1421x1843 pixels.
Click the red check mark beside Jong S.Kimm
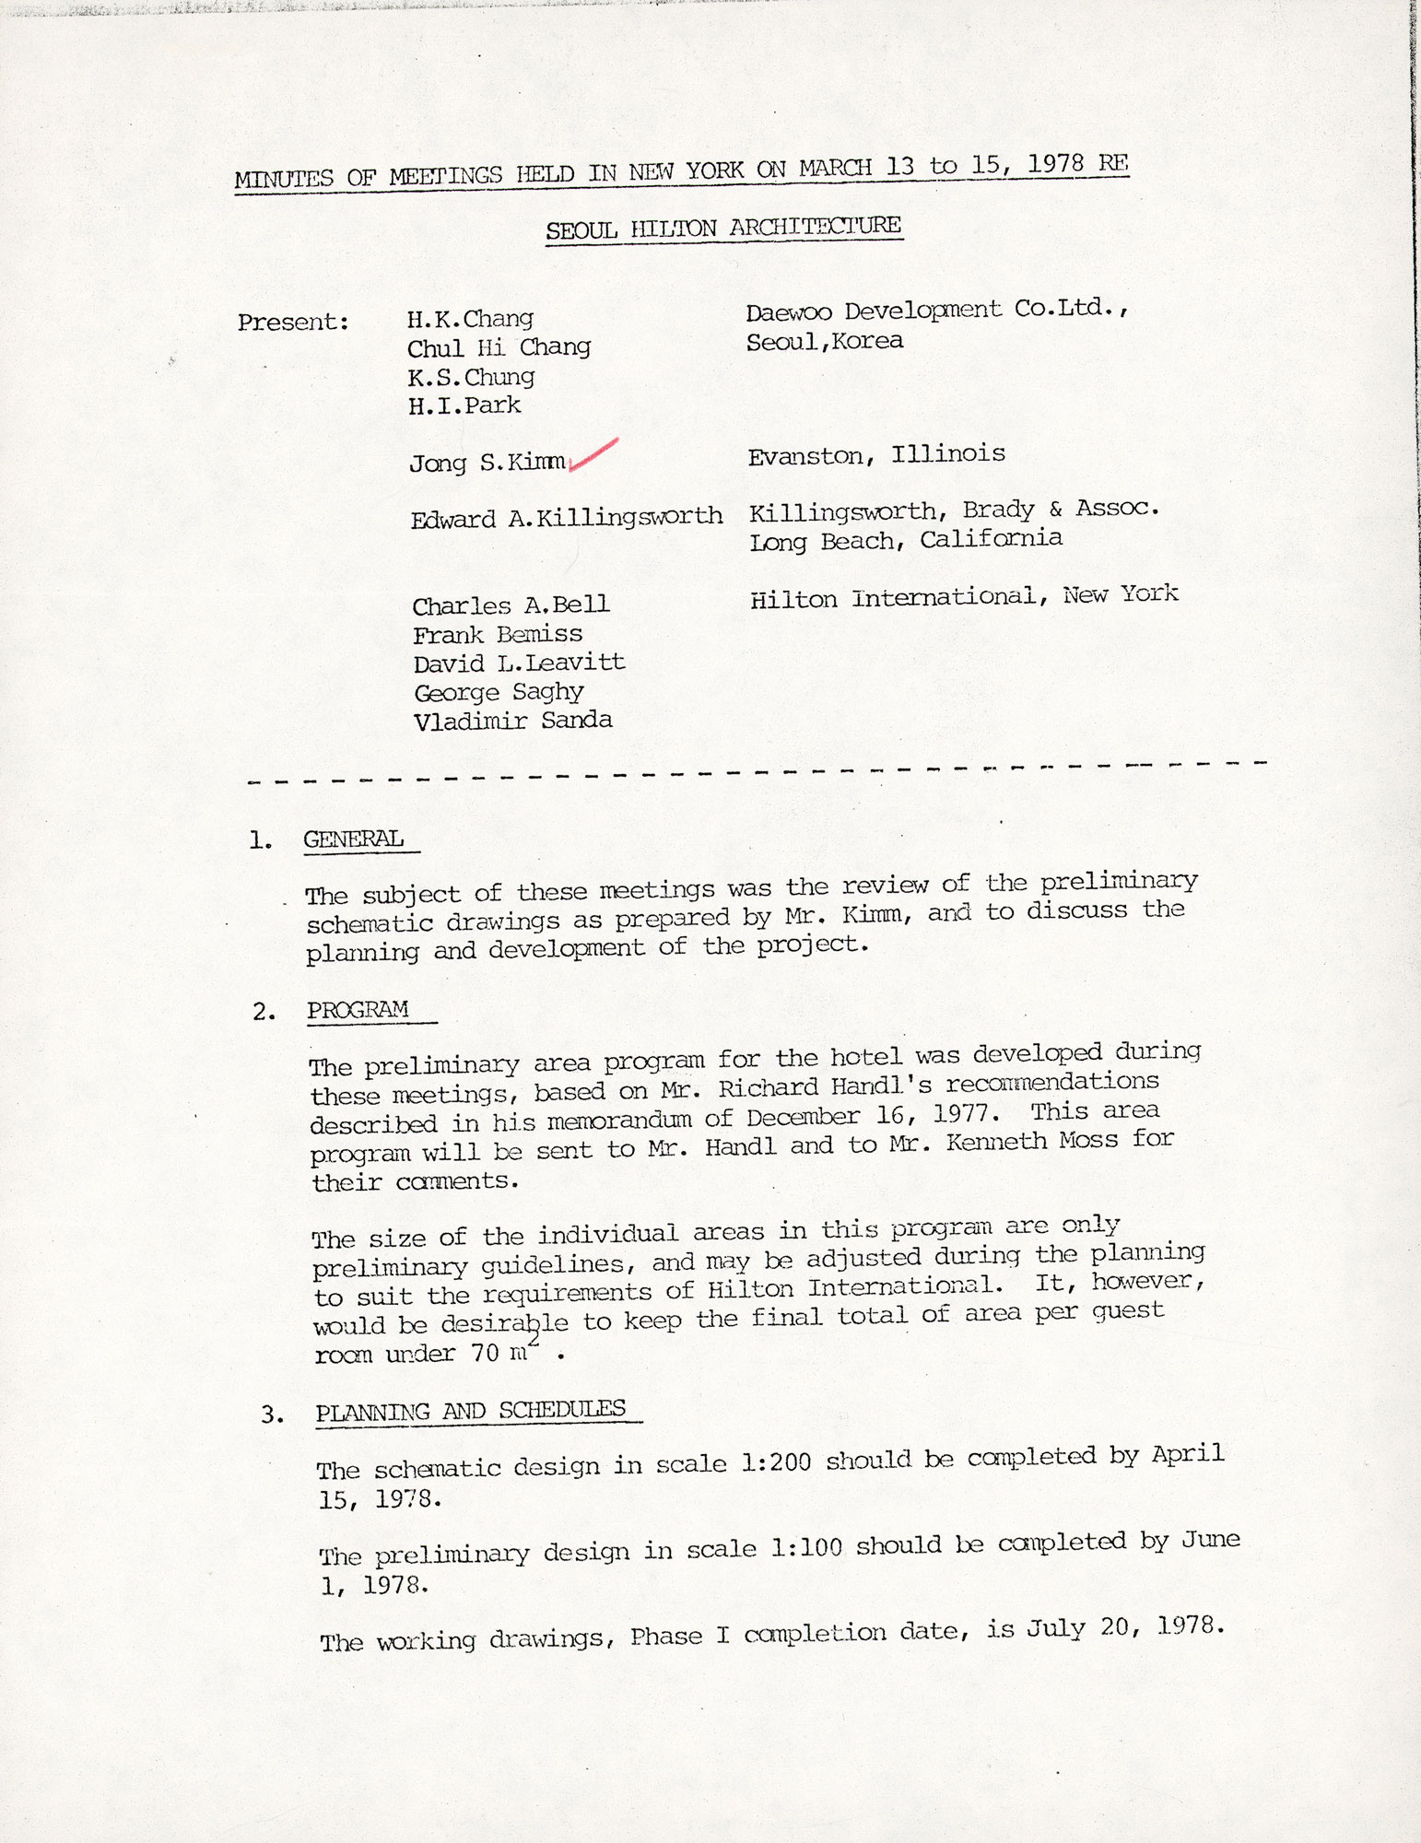594,455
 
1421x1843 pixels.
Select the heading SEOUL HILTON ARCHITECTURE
723,227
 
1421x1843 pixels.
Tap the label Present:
293,323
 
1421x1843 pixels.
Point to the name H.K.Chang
470,319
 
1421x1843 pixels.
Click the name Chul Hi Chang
499,347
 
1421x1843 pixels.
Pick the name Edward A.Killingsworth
566,517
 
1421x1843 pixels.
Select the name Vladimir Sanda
512,721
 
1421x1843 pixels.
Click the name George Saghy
499,692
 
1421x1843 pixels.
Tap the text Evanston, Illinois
875,454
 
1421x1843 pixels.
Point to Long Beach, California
906,540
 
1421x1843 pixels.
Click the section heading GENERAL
354,839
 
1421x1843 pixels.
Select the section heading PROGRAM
358,1010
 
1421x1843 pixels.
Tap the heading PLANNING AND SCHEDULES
470,1410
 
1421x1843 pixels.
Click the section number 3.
271,1415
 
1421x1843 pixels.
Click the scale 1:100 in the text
805,1547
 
